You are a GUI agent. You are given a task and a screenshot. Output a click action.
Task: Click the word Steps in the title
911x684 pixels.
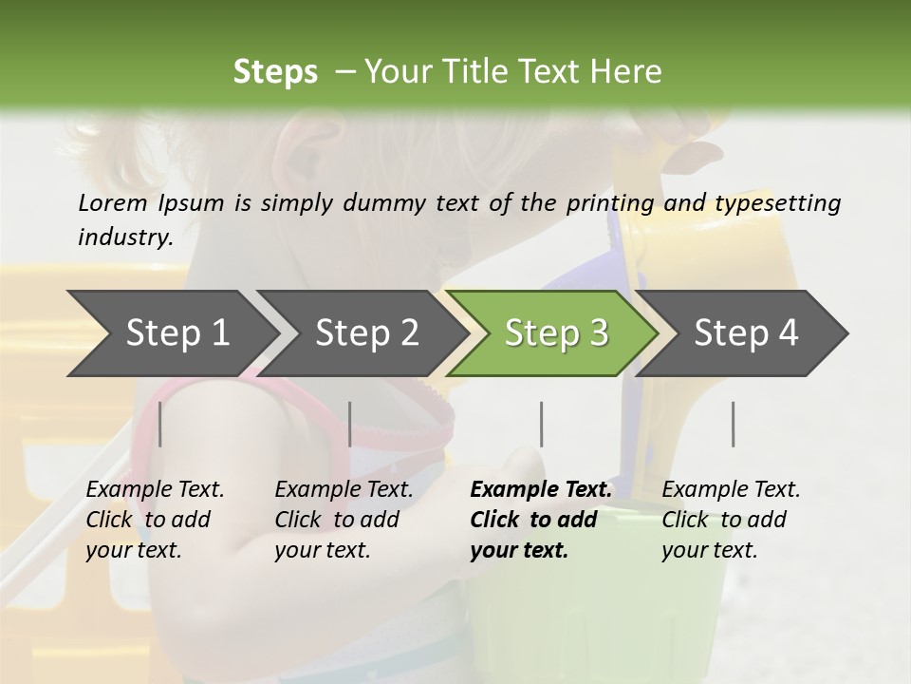[275, 72]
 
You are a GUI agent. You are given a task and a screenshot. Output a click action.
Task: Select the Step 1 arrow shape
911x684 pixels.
[177, 332]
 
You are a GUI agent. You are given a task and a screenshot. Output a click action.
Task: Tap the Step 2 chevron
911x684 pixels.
[367, 332]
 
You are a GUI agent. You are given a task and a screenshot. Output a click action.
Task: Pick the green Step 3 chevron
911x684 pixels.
[556, 332]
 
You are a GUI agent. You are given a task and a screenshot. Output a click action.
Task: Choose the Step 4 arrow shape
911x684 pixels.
[746, 332]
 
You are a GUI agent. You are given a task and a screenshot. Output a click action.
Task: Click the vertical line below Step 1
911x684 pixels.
[160, 424]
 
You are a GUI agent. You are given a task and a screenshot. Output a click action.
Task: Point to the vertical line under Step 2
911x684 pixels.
[350, 424]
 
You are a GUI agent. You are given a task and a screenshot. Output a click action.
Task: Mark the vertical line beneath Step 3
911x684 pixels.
[541, 424]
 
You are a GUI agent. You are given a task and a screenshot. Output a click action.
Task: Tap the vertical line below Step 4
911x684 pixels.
[733, 424]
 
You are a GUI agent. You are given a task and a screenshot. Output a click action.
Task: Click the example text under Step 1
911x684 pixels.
[155, 520]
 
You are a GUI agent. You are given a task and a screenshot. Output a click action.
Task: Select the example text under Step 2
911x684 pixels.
[344, 520]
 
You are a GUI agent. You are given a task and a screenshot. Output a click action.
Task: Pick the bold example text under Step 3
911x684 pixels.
[541, 520]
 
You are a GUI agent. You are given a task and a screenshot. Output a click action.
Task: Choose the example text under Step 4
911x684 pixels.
[731, 520]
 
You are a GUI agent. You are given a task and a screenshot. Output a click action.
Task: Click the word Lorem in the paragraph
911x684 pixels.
[113, 202]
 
